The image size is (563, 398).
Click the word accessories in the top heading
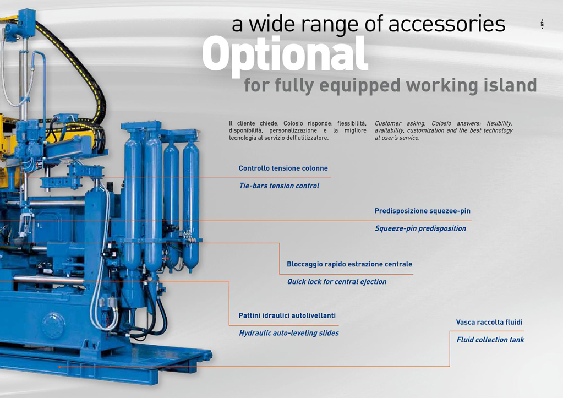click(447, 24)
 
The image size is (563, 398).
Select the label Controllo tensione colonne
click(283, 168)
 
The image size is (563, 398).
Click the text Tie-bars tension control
click(280, 186)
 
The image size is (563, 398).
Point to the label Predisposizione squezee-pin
click(422, 211)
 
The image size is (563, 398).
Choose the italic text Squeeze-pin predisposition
click(420, 228)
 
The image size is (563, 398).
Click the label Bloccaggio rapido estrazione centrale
click(349, 264)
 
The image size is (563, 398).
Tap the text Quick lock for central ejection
click(337, 282)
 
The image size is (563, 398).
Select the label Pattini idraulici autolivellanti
click(287, 315)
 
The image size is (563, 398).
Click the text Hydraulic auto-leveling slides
click(289, 333)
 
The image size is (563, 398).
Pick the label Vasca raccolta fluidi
click(489, 322)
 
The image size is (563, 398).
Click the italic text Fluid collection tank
click(490, 340)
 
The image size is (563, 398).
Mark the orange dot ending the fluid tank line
click(59, 367)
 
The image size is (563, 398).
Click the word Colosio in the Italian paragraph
click(293, 123)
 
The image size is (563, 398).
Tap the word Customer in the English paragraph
click(388, 123)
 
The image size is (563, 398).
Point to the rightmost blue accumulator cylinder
click(191, 205)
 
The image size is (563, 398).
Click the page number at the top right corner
click(542, 24)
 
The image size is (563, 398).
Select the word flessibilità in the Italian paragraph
click(352, 123)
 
